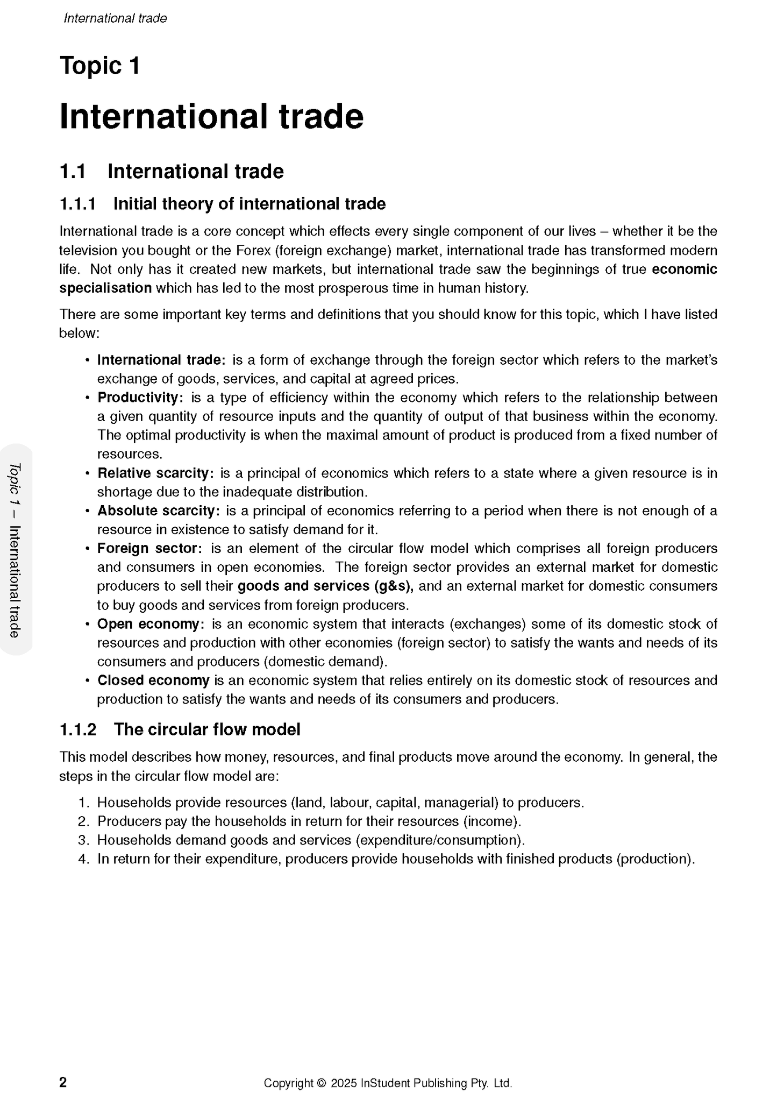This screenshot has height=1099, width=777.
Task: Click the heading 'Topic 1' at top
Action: [x=100, y=66]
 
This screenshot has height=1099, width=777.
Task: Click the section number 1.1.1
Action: [x=77, y=204]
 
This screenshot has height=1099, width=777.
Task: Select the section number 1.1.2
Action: [x=77, y=729]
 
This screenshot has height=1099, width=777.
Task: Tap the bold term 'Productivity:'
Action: [x=140, y=398]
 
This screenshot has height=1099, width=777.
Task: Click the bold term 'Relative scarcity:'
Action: [x=155, y=473]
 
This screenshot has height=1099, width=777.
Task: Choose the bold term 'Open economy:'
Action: [x=151, y=624]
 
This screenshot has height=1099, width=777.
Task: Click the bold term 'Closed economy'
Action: [x=153, y=680]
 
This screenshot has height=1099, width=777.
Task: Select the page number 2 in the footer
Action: [x=63, y=1082]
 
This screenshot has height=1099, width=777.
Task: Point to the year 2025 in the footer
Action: [x=344, y=1083]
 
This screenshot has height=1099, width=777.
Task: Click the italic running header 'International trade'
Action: [x=115, y=18]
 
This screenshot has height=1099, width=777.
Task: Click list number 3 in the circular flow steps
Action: [x=83, y=840]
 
